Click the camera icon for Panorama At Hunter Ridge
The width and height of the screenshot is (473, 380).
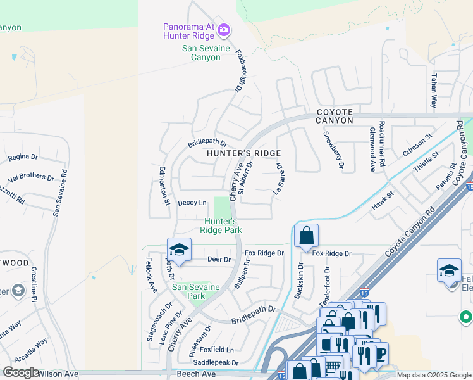click(x=224, y=30)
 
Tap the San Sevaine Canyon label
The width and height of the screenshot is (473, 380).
click(x=201, y=53)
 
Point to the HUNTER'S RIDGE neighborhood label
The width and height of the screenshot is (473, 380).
click(x=244, y=153)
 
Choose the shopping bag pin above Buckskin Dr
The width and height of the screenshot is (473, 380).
click(x=306, y=237)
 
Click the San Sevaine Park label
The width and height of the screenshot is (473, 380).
click(x=196, y=291)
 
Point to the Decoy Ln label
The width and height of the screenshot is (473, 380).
click(x=192, y=203)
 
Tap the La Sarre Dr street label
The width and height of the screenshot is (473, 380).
click(x=277, y=178)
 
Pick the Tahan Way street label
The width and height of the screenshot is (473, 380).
click(x=434, y=90)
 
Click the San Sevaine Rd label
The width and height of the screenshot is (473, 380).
click(x=60, y=193)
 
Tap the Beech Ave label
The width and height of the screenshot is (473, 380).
click(x=199, y=375)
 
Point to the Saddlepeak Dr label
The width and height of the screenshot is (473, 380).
click(x=216, y=363)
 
